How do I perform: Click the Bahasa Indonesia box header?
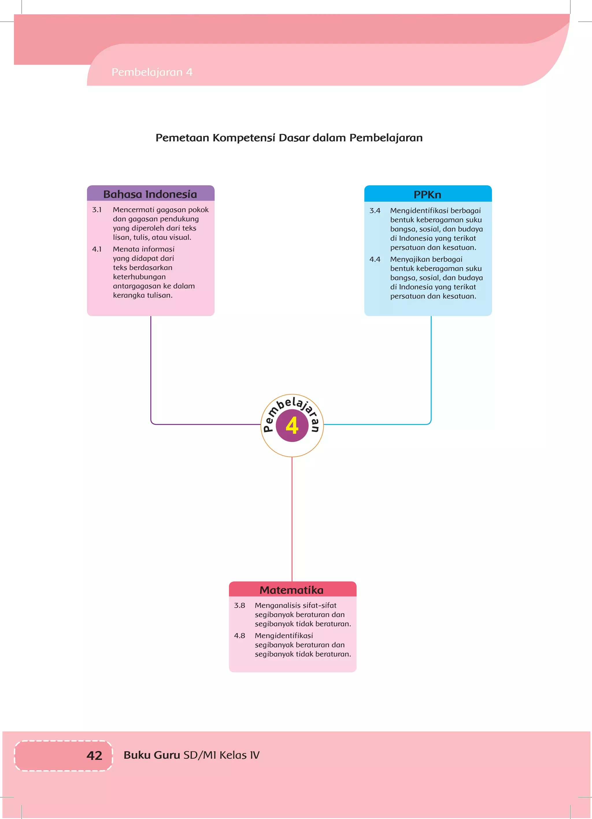point(150,194)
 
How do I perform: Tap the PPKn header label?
point(427,195)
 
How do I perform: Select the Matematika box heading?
point(291,590)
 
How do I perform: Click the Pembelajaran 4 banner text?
point(152,72)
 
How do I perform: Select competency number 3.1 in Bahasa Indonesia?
point(97,210)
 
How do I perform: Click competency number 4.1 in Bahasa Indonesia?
point(97,249)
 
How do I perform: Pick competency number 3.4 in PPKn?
point(375,211)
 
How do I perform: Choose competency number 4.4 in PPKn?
point(375,259)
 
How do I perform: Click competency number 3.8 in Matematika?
point(239,605)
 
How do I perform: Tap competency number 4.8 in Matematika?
point(239,636)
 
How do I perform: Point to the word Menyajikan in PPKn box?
point(410,259)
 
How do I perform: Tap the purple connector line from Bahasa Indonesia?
point(151,368)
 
